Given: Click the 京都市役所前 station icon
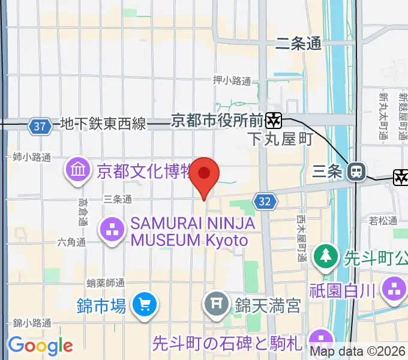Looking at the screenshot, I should (274, 120).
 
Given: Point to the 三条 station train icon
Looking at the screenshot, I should (357, 172).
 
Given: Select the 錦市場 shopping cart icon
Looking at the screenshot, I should (145, 305).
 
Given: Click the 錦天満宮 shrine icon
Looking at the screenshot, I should (217, 305).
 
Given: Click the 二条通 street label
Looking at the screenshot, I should (298, 43).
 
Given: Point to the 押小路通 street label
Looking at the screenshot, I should (232, 80).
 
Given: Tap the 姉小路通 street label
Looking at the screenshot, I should (32, 157).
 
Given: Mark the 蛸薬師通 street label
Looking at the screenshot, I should (106, 282).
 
